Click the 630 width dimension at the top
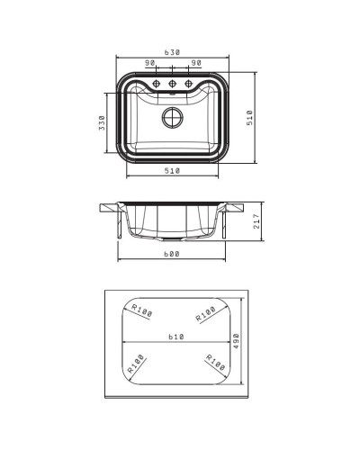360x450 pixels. (x=172, y=52)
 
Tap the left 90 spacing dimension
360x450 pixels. (x=150, y=63)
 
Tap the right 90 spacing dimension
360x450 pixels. (x=196, y=63)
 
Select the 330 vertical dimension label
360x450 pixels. (x=102, y=122)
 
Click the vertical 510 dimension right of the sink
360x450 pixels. (x=249, y=118)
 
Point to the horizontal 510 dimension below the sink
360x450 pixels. (x=172, y=171)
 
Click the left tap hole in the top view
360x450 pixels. (x=156, y=84)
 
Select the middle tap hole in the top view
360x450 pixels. (x=172, y=84)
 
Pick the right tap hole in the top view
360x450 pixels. (x=188, y=84)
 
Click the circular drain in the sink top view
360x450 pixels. (x=173, y=117)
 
